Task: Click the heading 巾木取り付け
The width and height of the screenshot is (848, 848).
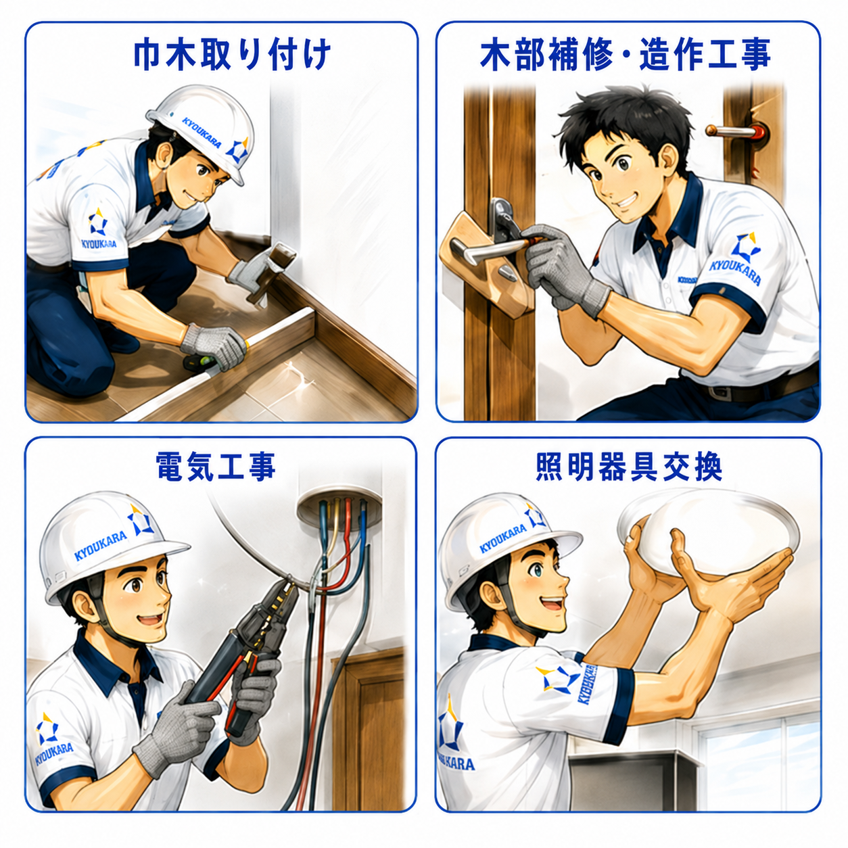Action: click(x=232, y=55)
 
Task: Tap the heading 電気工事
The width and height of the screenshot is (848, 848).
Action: click(x=216, y=467)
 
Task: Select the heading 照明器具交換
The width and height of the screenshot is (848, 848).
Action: click(x=629, y=467)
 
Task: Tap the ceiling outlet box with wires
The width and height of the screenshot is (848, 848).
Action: click(x=339, y=510)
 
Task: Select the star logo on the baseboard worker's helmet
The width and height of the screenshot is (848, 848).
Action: click(x=237, y=149)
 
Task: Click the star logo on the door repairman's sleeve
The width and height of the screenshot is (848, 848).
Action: click(x=745, y=246)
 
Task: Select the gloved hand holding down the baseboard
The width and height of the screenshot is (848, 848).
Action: click(x=214, y=346)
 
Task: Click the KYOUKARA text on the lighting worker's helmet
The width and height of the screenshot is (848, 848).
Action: click(x=502, y=538)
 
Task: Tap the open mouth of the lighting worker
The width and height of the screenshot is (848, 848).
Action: click(x=553, y=605)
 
